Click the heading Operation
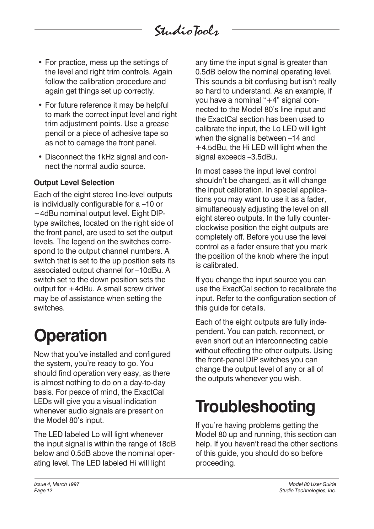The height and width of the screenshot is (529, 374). coord(70,336)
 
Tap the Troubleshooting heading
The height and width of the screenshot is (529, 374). coord(255,407)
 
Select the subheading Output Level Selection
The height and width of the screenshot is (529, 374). coord(74,183)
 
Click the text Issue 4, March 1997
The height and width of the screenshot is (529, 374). coord(56,484)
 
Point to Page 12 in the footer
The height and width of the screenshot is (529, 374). coord(43,491)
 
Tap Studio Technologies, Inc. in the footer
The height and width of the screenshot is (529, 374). coord(307,491)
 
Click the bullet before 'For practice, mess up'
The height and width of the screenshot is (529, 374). coord(40,63)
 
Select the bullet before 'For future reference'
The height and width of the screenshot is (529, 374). coord(40,105)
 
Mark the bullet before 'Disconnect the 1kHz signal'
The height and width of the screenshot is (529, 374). coord(40,157)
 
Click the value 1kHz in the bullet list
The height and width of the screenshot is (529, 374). coord(106,157)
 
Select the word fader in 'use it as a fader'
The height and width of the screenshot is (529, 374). coord(318,199)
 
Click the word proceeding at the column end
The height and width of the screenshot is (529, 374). coord(215,463)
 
